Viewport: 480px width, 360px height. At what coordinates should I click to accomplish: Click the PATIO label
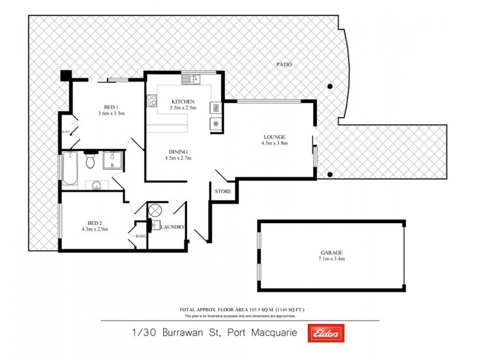[x=284, y=64]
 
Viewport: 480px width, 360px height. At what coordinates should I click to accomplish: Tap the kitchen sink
[x=193, y=79]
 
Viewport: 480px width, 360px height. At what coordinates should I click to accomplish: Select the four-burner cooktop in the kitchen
[x=151, y=101]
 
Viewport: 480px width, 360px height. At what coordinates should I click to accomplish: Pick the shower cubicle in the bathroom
[x=113, y=160]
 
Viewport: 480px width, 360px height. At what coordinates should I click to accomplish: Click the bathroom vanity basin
[x=96, y=185]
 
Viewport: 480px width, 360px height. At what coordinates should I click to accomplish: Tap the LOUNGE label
[x=274, y=136]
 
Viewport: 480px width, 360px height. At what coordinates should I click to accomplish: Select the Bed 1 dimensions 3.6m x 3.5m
[x=111, y=113]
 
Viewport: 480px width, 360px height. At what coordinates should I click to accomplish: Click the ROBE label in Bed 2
[x=140, y=236]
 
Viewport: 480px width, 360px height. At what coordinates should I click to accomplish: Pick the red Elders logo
[x=325, y=334]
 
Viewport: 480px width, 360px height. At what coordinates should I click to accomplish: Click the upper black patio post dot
[x=329, y=86]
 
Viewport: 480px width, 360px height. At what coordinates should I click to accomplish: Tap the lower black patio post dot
[x=329, y=175]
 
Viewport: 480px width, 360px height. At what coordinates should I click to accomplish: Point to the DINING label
[x=178, y=152]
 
